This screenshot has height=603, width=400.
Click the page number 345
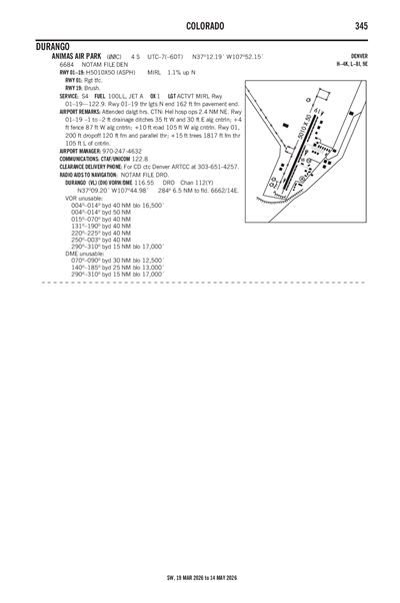tap(361, 24)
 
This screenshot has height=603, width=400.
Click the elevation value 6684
tap(67, 64)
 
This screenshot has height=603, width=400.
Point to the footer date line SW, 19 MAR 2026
tap(200, 577)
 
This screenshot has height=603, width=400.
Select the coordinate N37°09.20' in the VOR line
tap(99, 191)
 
